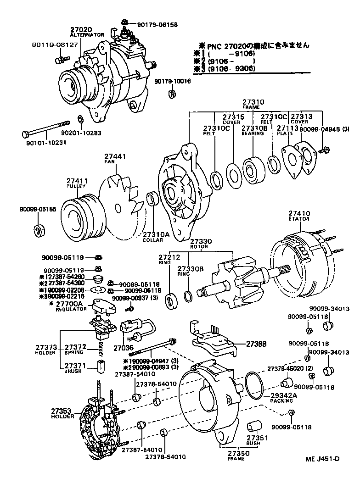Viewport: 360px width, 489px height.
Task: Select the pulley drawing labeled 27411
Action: [x=83, y=216]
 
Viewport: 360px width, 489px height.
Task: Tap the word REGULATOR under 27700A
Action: [x=71, y=309]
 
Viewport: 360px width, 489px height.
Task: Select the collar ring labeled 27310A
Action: [x=152, y=200]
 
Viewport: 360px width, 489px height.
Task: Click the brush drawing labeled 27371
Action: [x=100, y=367]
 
